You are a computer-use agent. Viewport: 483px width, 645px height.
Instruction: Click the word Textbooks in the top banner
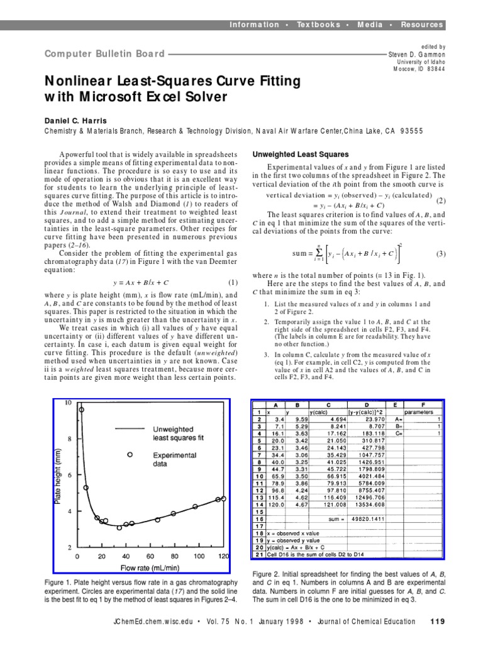point(318,25)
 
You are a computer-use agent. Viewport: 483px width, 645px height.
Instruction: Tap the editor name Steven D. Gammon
point(416,55)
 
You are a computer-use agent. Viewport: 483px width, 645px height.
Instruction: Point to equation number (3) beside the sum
point(440,254)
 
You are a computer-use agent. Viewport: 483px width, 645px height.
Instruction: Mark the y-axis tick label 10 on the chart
point(69,402)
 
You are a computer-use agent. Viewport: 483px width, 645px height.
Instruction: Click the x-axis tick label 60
point(150,557)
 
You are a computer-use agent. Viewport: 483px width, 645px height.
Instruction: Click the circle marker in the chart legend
point(130,454)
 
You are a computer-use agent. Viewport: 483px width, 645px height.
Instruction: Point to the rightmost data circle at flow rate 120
point(224,499)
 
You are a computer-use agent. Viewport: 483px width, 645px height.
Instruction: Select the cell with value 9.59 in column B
point(301,418)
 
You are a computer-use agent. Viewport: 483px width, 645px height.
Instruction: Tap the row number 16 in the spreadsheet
point(258,519)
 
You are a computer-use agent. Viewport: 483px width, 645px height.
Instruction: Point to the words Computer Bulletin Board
point(104,54)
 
